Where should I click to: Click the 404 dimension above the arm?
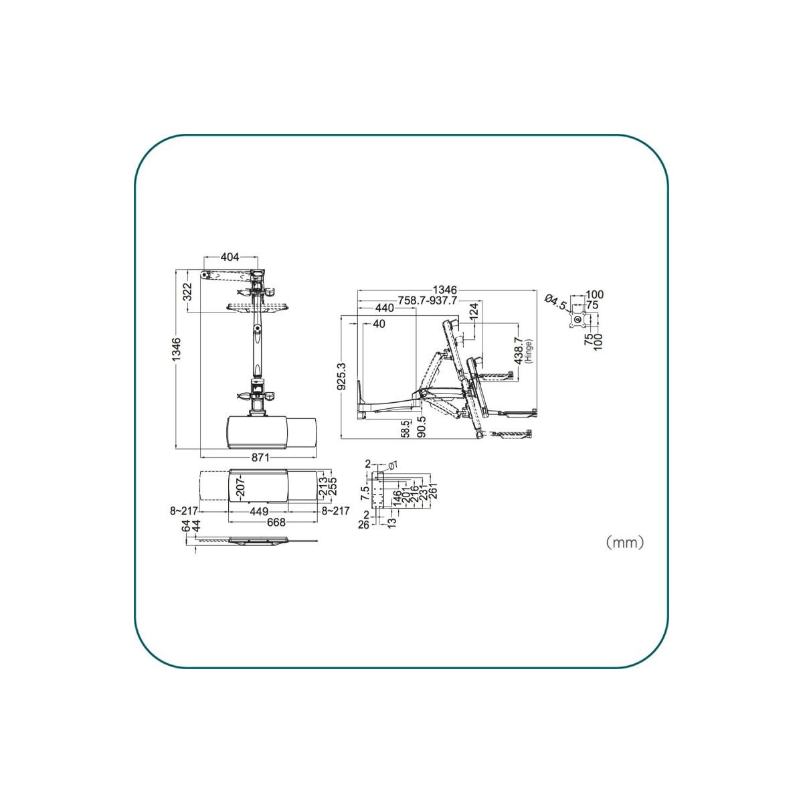[x=230, y=257]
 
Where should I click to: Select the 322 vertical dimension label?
[x=187, y=292]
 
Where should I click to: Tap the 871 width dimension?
[x=260, y=458]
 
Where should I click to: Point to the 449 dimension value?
[x=259, y=511]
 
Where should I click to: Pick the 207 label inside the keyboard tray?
[x=240, y=486]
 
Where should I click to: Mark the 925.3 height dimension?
[x=342, y=376]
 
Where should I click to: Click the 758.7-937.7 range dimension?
[x=427, y=300]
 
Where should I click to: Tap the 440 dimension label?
[x=384, y=308]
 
